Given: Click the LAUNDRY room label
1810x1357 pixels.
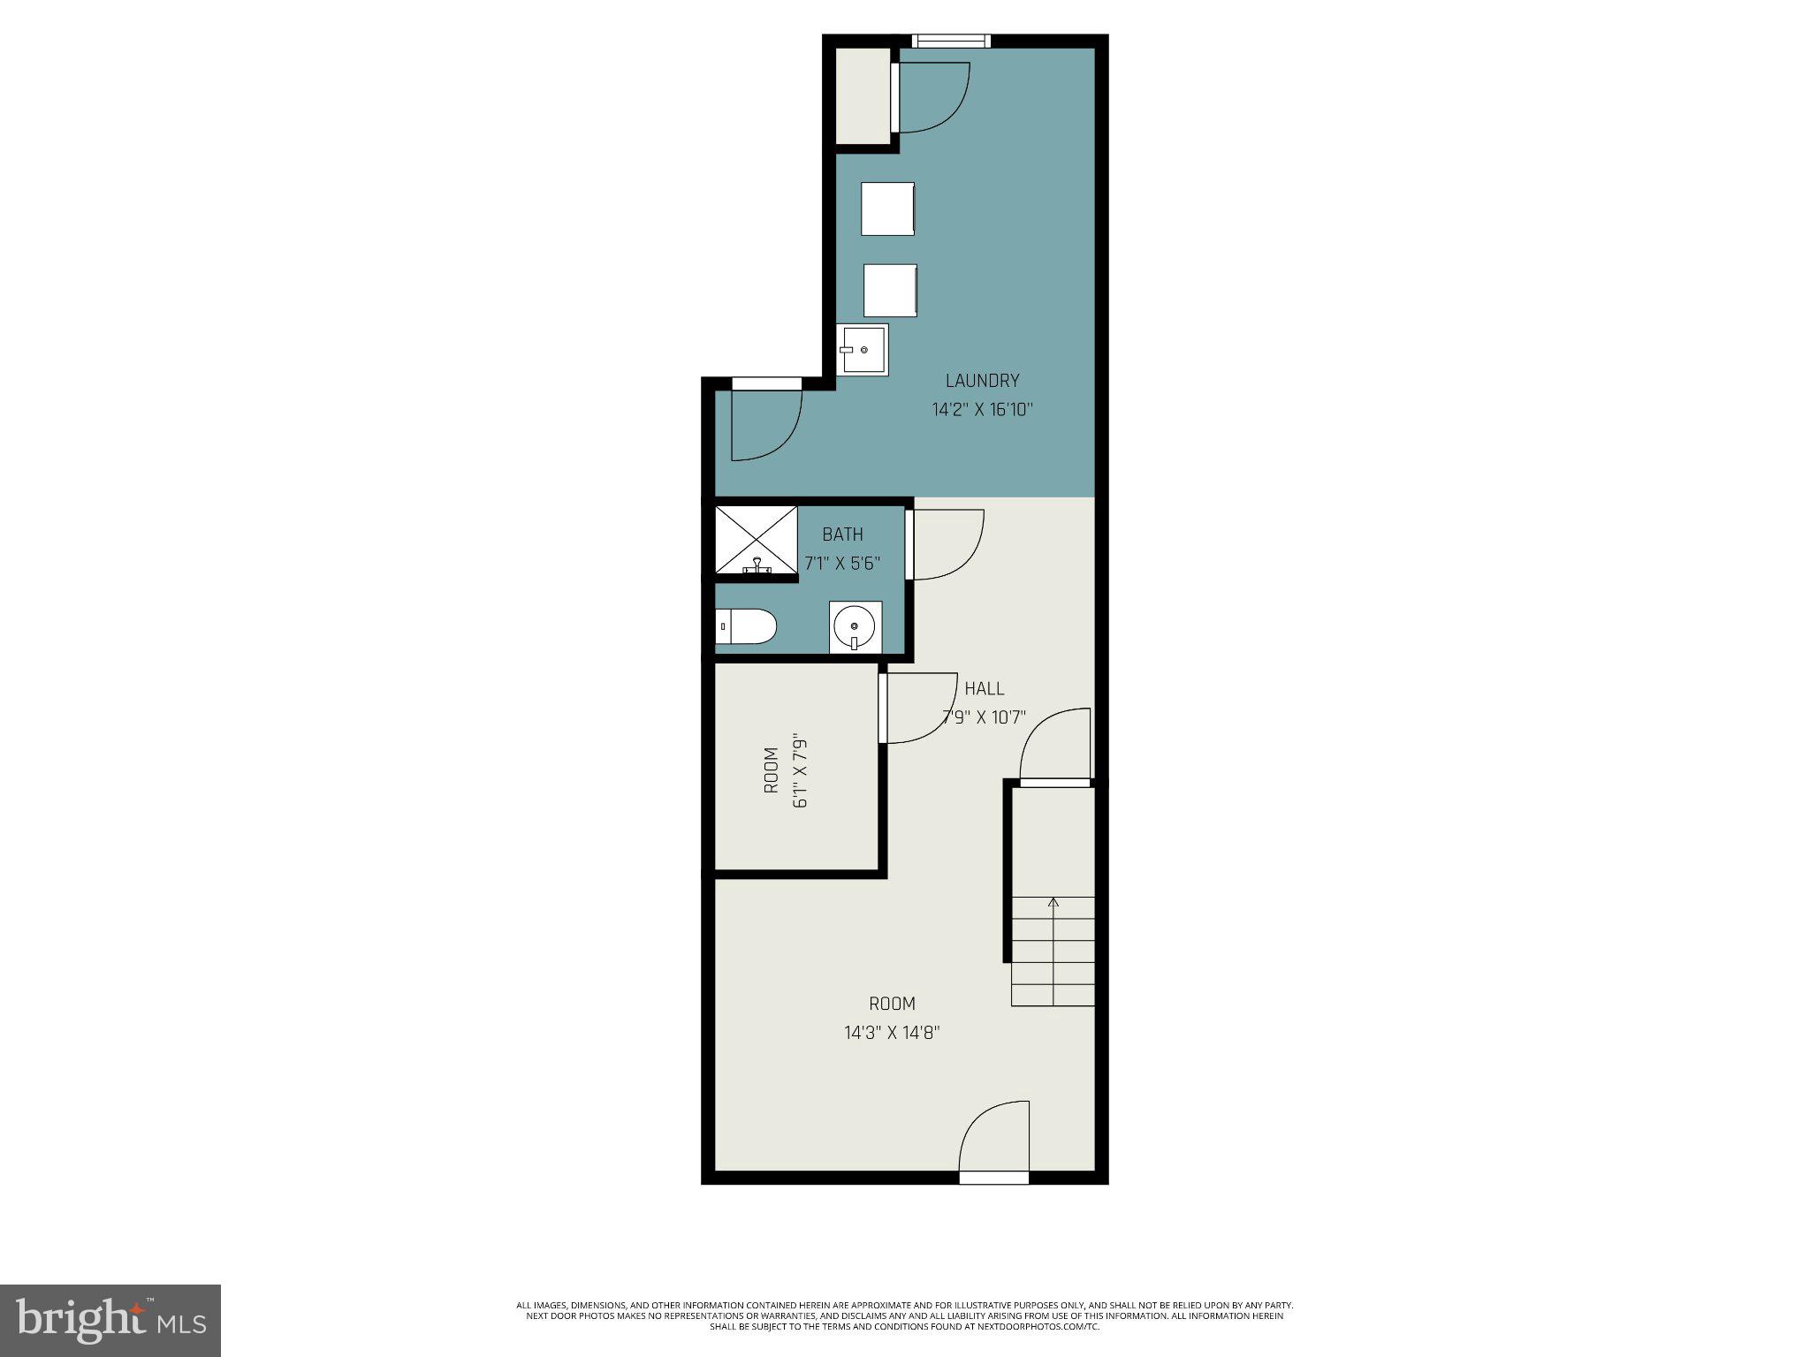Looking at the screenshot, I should click(982, 381).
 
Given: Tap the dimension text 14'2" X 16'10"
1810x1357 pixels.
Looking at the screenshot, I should click(982, 410).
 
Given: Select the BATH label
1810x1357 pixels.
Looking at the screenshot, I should click(842, 534).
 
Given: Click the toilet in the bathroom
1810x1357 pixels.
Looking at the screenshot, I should click(745, 626).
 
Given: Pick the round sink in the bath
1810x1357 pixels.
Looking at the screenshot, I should click(855, 627).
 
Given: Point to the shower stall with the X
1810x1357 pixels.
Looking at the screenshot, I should click(756, 539).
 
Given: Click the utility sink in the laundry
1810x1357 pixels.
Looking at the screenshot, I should click(863, 350).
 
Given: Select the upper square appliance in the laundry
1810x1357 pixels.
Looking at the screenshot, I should click(887, 208).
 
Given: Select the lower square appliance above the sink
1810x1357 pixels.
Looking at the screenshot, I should click(890, 290).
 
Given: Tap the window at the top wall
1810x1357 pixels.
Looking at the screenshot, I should click(951, 41).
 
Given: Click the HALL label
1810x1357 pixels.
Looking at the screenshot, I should click(984, 688).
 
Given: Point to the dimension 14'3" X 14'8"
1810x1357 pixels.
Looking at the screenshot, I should click(892, 1033).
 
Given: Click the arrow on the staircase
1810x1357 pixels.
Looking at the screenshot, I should click(1053, 903).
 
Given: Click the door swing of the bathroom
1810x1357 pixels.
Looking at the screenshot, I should click(946, 544).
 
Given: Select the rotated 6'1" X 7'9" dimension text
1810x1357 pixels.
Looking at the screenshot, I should click(801, 769).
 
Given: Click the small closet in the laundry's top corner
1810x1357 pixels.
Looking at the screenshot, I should click(863, 95).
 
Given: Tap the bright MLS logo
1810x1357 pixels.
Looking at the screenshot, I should click(110, 1321).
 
